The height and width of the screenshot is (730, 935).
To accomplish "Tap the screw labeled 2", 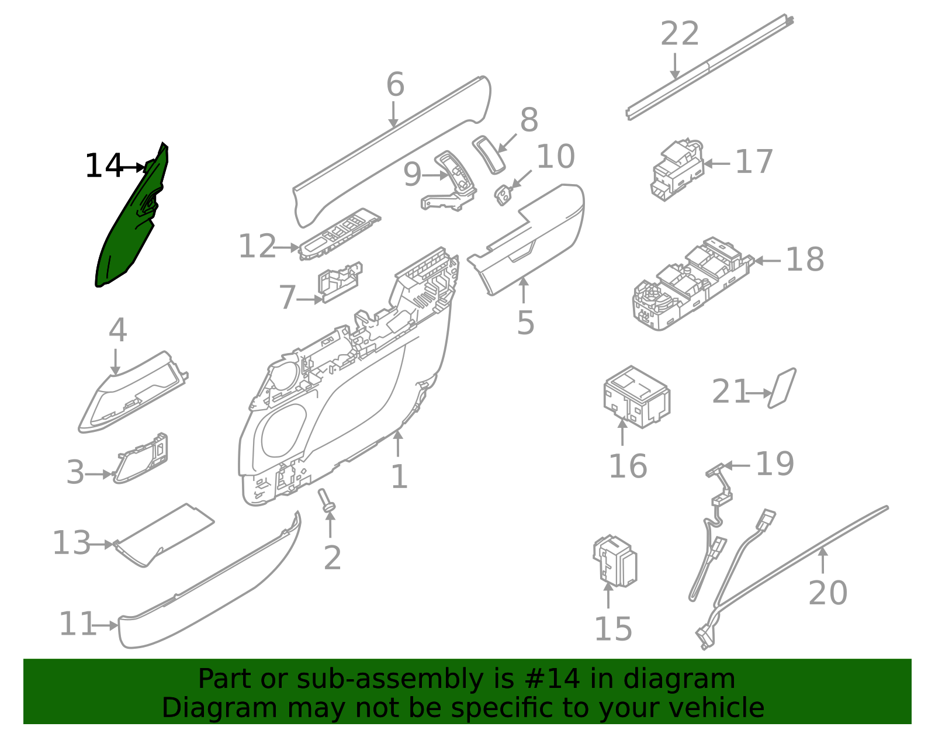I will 327,501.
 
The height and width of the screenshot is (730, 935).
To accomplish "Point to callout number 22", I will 680,34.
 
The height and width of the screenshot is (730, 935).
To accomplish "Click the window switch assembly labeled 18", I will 690,285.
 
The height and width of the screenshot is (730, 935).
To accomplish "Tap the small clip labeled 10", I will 503,195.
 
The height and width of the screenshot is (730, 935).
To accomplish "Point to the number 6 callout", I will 395,85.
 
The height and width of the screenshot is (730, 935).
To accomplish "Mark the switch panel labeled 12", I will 339,233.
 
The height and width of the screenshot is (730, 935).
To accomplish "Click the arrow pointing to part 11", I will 107,625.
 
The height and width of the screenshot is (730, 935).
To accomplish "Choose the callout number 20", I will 827,593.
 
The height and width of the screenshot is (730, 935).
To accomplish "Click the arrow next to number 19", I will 737,466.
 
